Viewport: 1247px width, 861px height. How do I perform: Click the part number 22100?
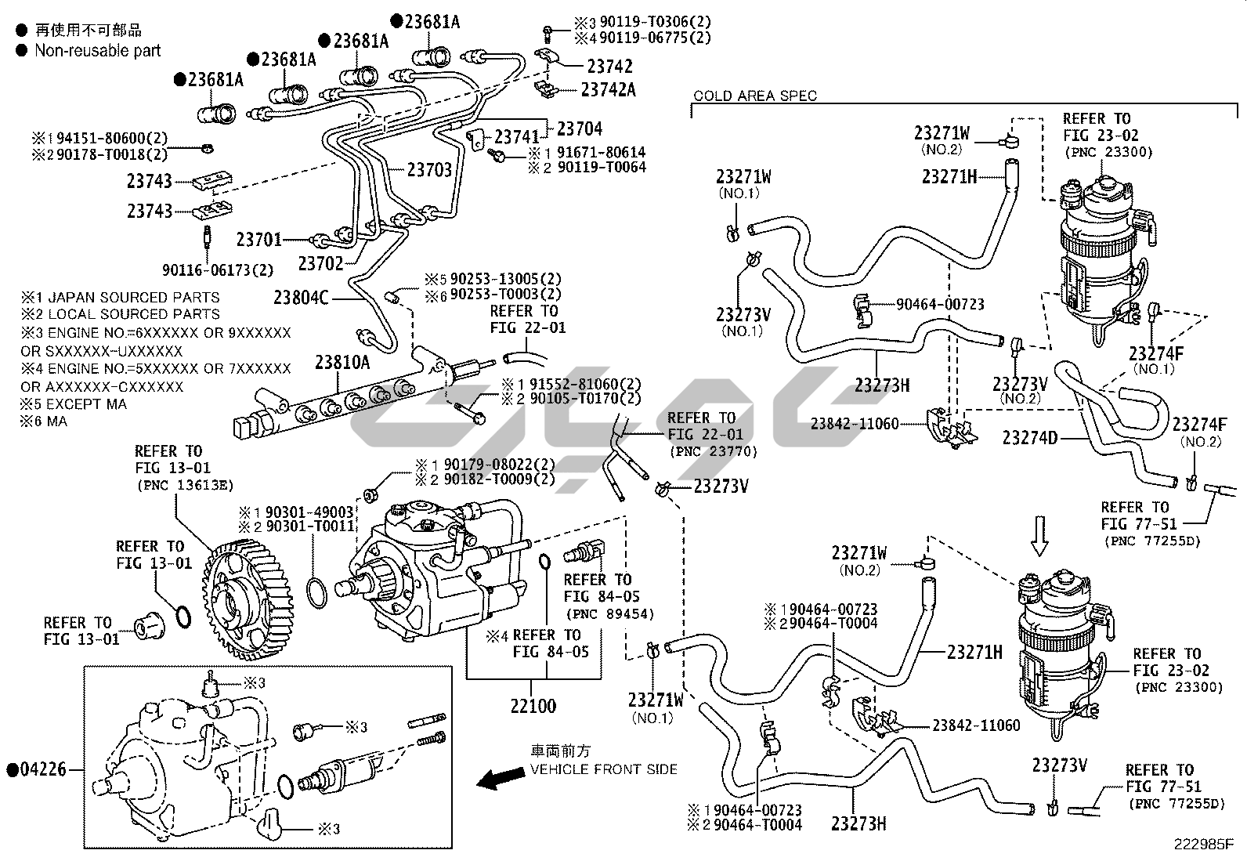pyautogui.click(x=533, y=706)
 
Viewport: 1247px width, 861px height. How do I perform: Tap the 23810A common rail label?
pyautogui.click(x=342, y=362)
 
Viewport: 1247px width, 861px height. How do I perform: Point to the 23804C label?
pyautogui.click(x=301, y=298)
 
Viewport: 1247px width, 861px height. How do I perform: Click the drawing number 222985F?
pyautogui.click(x=1203, y=845)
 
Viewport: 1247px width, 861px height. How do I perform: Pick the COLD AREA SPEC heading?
pyautogui.click(x=755, y=96)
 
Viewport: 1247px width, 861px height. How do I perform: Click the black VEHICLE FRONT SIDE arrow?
pyautogui.click(x=501, y=778)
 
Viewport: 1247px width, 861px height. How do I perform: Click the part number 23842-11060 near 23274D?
pyautogui.click(x=855, y=424)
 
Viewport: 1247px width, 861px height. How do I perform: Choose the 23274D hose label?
pyautogui.click(x=1030, y=437)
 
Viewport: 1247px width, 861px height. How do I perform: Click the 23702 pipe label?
pyautogui.click(x=321, y=263)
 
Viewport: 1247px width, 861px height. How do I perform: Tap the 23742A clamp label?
pyautogui.click(x=609, y=90)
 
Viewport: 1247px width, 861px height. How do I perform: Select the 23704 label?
pyautogui.click(x=580, y=128)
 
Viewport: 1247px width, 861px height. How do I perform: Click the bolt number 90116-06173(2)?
pyautogui.click(x=218, y=270)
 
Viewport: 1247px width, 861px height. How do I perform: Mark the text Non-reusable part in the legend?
pyautogui.click(x=97, y=51)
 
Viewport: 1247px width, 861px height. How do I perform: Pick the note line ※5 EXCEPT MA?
pyautogui.click(x=74, y=404)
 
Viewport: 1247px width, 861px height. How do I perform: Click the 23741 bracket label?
pyautogui.click(x=518, y=137)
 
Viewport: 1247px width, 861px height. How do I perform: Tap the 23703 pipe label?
pyautogui.click(x=429, y=168)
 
